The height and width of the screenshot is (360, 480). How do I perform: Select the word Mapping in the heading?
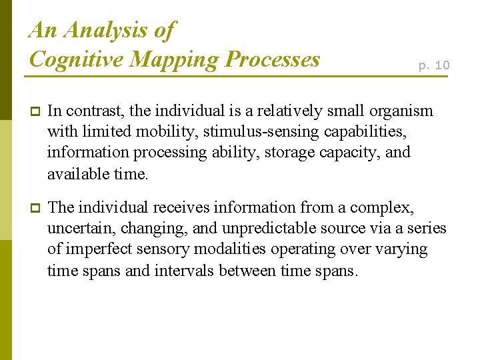coord(174,59)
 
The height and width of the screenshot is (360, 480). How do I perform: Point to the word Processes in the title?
coord(273,59)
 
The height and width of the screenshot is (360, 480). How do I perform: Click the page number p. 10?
coord(434,65)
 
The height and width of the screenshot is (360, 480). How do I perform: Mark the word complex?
coord(386,207)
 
